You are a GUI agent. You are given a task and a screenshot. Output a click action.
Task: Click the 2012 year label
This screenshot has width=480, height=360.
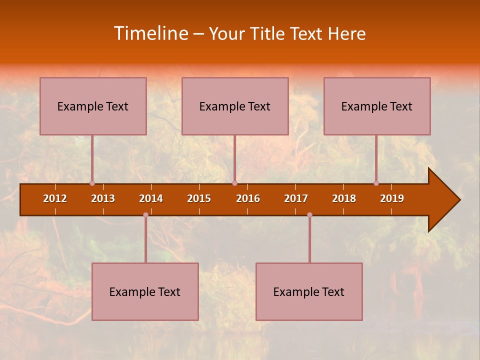tap(55, 198)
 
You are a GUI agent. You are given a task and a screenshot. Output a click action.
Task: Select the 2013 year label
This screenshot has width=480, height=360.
tap(103, 198)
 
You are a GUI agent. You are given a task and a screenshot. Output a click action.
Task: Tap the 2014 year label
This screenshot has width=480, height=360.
tap(151, 198)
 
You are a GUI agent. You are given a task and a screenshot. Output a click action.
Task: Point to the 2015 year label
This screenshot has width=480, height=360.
tap(199, 198)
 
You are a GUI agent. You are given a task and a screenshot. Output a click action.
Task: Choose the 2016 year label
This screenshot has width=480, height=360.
tap(248, 198)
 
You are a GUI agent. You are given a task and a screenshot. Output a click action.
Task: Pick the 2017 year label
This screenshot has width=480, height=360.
tap(296, 198)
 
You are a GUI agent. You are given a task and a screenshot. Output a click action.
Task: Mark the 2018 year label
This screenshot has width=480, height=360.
tap(344, 198)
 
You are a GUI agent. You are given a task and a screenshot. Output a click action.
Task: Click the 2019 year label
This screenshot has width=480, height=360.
tap(392, 198)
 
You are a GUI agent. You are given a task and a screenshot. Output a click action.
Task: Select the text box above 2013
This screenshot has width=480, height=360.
tap(93, 106)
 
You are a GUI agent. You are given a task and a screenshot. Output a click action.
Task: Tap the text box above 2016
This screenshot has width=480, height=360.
tap(235, 106)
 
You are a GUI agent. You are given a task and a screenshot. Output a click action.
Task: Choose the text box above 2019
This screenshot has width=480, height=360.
tap(377, 106)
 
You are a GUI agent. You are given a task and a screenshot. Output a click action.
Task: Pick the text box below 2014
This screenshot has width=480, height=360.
tap(145, 291)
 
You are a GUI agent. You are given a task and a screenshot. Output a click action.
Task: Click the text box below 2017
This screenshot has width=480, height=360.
tap(309, 291)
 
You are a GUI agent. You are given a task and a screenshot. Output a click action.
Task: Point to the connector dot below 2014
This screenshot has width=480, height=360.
tap(145, 215)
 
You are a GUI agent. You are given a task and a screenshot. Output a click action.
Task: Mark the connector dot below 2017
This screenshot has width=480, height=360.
tap(309, 215)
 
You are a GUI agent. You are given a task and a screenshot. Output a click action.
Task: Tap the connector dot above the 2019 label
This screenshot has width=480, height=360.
tap(376, 183)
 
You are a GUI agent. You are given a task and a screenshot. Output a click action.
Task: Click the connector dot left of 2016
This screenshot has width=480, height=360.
tap(234, 183)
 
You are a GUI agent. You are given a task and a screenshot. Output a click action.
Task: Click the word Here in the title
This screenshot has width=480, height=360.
tap(346, 34)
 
